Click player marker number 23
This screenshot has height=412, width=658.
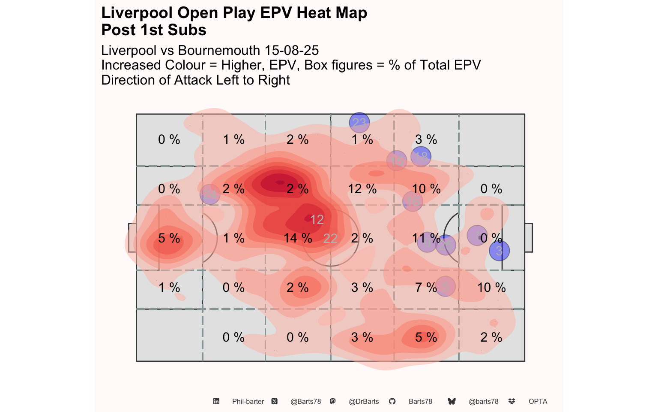click(359, 123)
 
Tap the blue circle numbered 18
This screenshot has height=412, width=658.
click(421, 157)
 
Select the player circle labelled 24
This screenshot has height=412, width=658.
click(210, 194)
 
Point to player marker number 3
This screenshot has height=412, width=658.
click(499, 251)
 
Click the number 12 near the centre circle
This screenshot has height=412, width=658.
click(317, 220)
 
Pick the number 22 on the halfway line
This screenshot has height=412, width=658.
click(330, 239)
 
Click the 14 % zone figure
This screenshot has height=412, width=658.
click(298, 238)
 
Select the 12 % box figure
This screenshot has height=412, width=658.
click(362, 189)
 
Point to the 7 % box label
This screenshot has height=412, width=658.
click(426, 288)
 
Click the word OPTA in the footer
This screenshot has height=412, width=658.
click(538, 402)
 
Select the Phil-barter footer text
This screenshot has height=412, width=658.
click(248, 402)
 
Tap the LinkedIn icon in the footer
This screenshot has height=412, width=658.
click(216, 402)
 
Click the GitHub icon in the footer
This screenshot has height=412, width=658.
click(392, 402)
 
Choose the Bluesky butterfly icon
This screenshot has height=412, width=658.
click(452, 402)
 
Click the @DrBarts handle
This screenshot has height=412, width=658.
click(364, 402)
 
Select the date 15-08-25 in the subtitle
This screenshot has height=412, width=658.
click(291, 51)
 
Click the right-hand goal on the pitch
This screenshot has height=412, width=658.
click(529, 238)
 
